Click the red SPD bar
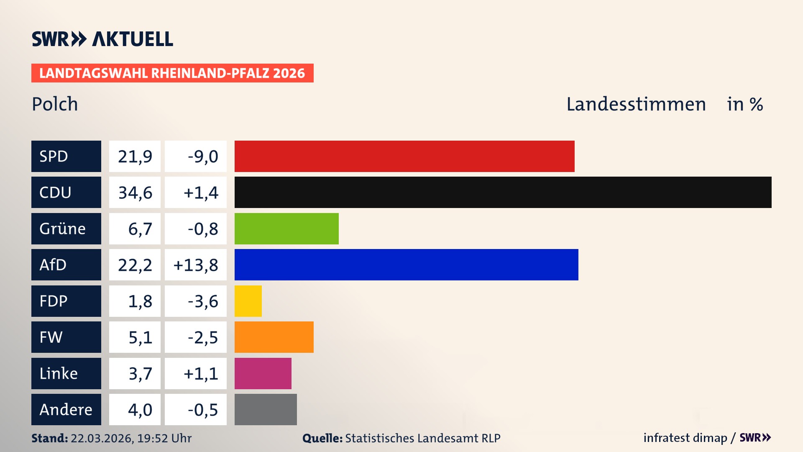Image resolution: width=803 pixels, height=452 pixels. (404, 156)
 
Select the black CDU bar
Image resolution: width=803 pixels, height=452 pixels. (503, 192)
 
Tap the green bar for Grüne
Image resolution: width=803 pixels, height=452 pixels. (286, 229)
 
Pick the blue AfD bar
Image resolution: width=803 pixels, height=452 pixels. (406, 265)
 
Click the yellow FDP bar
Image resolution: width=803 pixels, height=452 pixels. (248, 301)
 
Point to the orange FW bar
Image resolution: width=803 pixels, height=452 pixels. (274, 337)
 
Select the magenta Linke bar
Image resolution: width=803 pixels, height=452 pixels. (263, 373)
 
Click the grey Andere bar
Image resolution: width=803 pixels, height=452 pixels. (266, 409)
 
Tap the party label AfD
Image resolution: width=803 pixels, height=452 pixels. (53, 265)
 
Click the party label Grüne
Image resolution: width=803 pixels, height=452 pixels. (62, 229)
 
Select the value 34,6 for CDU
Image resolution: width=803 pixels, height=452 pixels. (135, 193)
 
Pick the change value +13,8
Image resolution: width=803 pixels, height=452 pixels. (196, 265)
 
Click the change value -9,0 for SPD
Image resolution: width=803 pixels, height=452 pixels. (203, 157)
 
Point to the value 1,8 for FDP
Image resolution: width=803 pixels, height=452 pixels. (140, 301)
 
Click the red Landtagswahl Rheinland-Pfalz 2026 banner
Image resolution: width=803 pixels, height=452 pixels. (172, 73)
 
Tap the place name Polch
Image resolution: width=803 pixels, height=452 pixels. (55, 104)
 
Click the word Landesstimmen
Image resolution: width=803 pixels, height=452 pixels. (636, 104)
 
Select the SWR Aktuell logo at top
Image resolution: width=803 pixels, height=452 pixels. (102, 39)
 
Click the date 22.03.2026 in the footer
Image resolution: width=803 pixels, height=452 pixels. (102, 438)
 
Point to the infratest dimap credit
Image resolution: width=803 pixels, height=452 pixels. (685, 438)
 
